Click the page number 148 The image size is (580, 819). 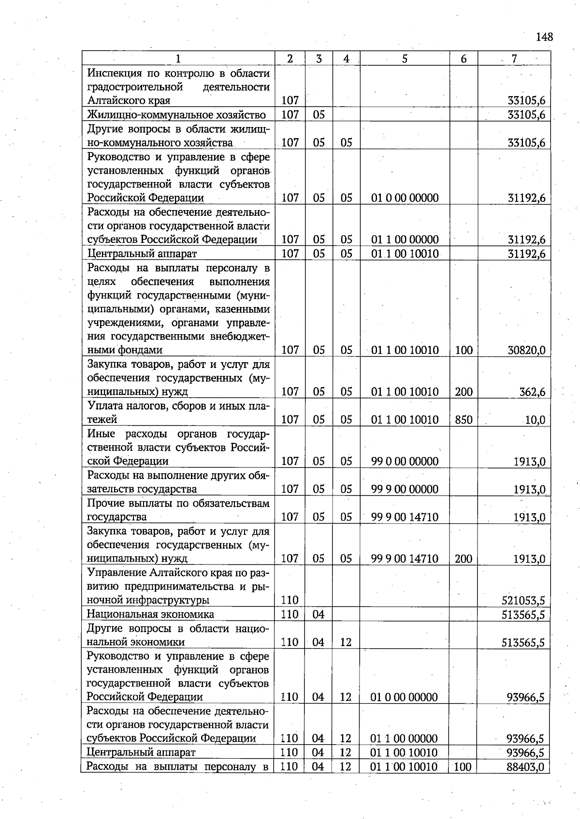[544, 37]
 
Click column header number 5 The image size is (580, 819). [404, 58]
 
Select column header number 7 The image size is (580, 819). [514, 58]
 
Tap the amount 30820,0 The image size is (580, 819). [526, 350]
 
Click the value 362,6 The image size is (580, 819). [532, 392]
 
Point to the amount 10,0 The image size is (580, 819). [535, 420]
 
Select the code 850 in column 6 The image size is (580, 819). [464, 420]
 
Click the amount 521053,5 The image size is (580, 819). [523, 600]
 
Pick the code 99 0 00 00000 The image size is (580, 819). [405, 461]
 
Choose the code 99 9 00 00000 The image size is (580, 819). [405, 489]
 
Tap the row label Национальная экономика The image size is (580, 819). [150, 614]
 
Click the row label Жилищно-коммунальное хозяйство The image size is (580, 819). [176, 114]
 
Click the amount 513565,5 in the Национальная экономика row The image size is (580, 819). [523, 614]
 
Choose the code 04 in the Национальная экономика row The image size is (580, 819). [318, 614]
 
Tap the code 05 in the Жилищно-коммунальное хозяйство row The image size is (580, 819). [319, 114]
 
